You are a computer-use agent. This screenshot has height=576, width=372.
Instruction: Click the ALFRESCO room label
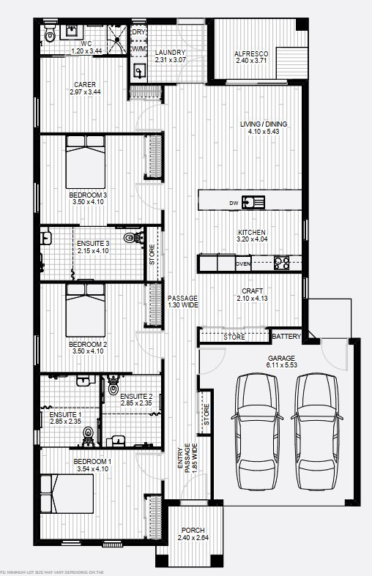click(251, 54)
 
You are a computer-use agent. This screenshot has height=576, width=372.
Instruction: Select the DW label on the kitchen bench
click(233, 203)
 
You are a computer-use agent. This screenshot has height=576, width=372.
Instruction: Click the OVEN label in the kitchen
click(243, 263)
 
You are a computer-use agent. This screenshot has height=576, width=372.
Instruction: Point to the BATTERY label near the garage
click(286, 337)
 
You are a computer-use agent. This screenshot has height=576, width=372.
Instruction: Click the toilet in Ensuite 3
click(133, 237)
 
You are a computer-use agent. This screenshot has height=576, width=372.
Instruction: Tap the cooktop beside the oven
click(283, 262)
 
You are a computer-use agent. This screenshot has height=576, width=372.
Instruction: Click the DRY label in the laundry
click(138, 33)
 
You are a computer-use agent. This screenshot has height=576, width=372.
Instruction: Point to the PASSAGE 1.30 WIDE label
click(182, 302)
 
